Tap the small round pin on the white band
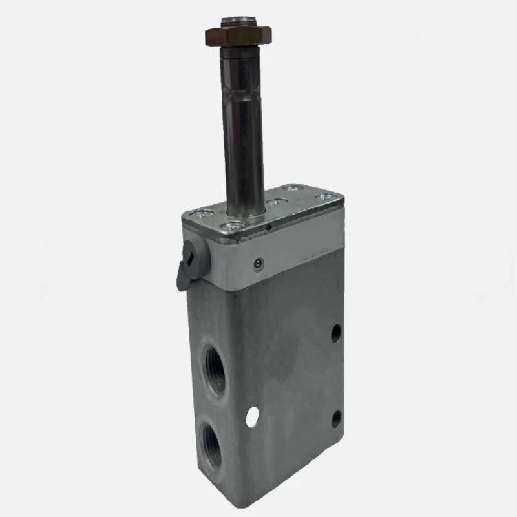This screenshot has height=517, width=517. click(x=258, y=263)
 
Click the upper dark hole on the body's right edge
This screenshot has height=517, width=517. click(x=336, y=333)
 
